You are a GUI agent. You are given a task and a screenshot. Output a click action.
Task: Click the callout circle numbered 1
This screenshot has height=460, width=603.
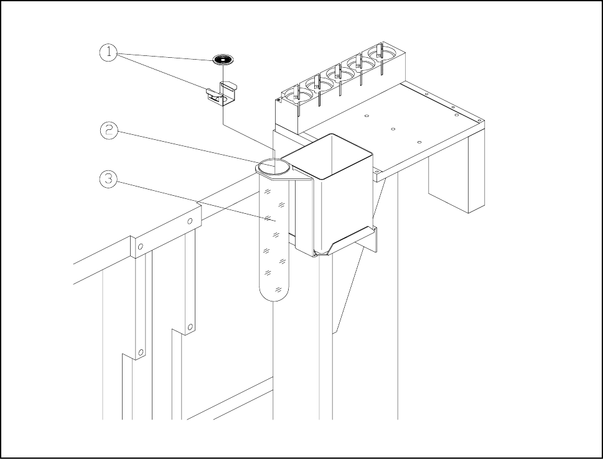(x=108, y=53)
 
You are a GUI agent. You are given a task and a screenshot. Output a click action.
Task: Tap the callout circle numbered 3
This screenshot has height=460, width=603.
(x=109, y=179)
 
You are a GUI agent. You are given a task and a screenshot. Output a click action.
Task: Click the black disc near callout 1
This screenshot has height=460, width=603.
(x=223, y=60)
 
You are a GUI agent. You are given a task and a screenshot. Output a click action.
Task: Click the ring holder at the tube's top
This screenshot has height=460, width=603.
(x=274, y=167)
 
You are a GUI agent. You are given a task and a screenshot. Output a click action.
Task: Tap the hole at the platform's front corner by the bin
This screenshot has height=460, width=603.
(x=378, y=170)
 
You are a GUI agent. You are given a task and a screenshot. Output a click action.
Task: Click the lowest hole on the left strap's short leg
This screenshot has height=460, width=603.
(x=141, y=352)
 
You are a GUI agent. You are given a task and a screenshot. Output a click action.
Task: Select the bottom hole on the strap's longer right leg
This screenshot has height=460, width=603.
(x=191, y=325)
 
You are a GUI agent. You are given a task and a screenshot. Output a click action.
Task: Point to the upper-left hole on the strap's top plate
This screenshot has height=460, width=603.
(x=141, y=247)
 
